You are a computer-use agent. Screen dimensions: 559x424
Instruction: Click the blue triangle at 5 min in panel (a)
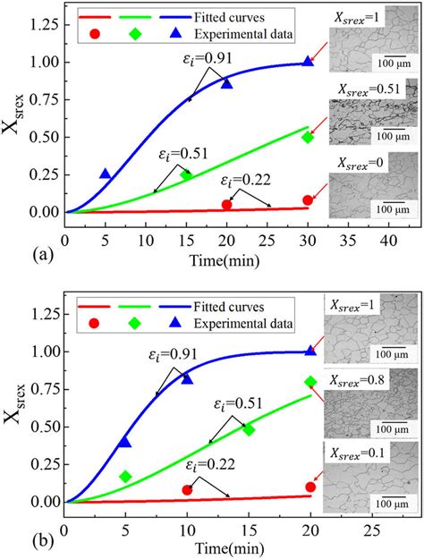pos(106,174)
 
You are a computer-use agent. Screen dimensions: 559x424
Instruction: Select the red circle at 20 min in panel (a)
pos(226,205)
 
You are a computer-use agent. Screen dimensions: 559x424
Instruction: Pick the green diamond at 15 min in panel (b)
pos(248,429)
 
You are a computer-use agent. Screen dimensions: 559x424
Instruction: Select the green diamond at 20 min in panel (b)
pos(310,382)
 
